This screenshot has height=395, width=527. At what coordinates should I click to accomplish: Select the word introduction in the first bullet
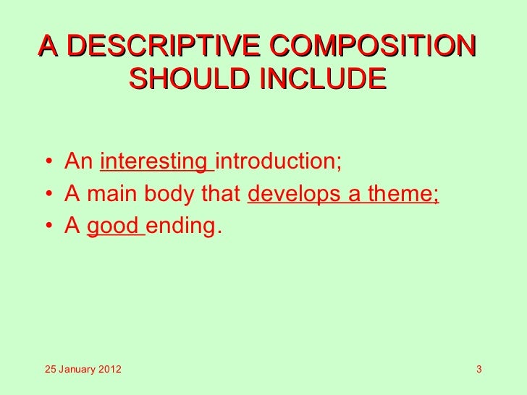[276, 161]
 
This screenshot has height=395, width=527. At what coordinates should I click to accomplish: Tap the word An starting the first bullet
[79, 161]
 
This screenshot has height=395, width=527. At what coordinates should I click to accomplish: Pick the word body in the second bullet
[167, 194]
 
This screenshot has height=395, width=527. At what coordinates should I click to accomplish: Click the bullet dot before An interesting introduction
[46, 161]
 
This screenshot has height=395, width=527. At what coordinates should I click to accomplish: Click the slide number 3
[479, 371]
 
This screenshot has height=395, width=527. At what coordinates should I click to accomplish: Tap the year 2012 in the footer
[109, 371]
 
